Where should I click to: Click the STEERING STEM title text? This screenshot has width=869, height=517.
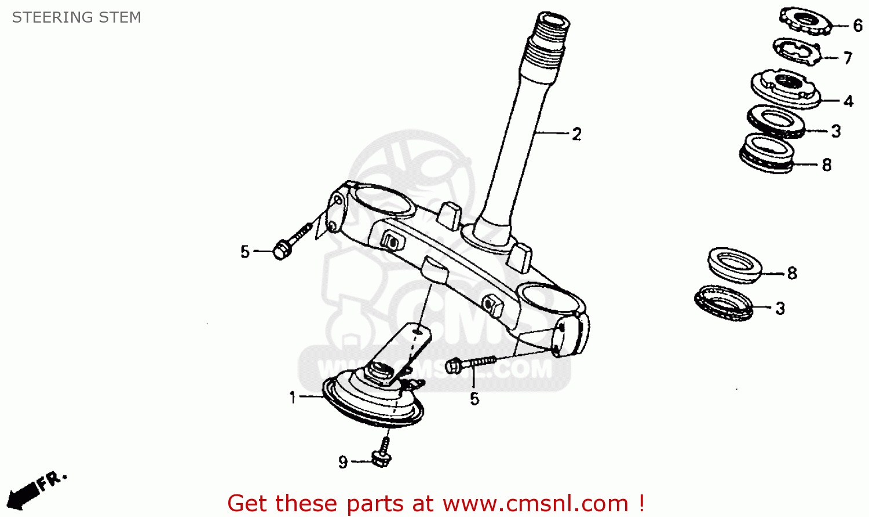[x=76, y=17]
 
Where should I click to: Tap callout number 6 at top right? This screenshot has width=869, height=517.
[x=858, y=26]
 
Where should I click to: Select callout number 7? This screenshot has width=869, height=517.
[x=848, y=58]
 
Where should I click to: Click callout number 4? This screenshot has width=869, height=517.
[x=849, y=101]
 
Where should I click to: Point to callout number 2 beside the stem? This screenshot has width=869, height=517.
[x=577, y=134]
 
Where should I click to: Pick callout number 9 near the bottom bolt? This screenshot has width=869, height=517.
[x=343, y=462]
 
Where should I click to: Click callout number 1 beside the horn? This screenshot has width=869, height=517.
[x=293, y=397]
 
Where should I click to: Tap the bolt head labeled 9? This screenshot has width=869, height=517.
[x=381, y=459]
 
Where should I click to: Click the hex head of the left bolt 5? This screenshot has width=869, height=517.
[x=280, y=250]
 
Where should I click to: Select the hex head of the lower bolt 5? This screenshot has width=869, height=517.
[x=452, y=366]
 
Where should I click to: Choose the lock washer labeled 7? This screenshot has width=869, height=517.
[x=797, y=52]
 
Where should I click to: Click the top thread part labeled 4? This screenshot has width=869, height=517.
[x=786, y=89]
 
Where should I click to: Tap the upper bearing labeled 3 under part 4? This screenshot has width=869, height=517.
[x=776, y=122]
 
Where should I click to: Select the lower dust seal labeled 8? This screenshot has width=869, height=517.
[x=735, y=266]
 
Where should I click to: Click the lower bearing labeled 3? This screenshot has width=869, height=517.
[x=724, y=303]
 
